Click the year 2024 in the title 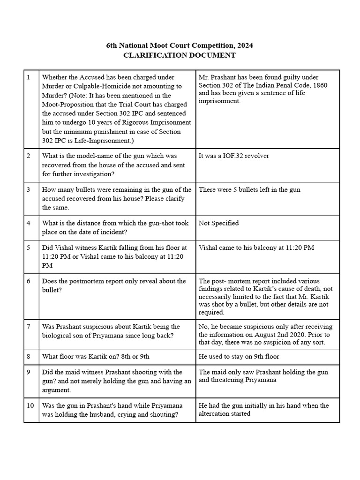(247, 45)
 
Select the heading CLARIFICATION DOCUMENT (180, 55)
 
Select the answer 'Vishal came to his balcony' (256, 247)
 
